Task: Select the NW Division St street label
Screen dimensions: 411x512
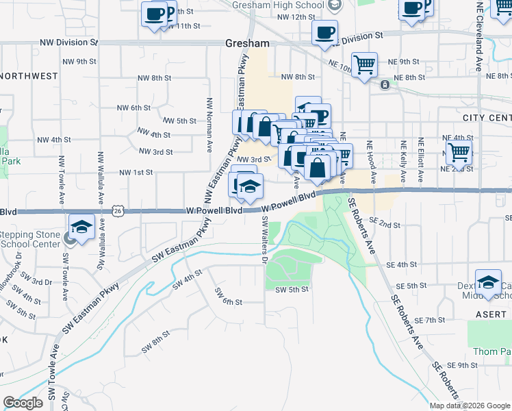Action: (69, 42)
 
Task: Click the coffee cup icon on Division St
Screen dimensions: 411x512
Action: (324, 32)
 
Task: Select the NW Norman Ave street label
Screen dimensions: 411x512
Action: (208, 125)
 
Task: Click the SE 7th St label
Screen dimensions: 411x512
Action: (431, 320)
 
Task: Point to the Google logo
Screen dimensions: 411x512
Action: (23, 402)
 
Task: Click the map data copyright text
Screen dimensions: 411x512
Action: (469, 406)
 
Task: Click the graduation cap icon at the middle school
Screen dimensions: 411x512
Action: (489, 284)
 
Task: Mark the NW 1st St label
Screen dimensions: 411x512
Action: (136, 172)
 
